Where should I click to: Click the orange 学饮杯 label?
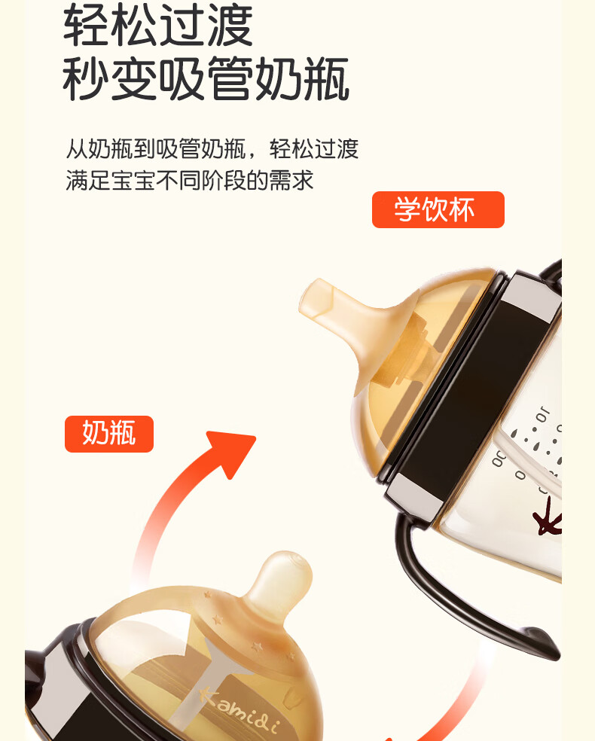point(438,209)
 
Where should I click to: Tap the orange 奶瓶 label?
point(109,434)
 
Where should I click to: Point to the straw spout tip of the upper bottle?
point(316,297)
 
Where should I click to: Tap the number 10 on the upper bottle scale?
point(542,415)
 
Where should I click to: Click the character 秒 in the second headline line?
point(86,78)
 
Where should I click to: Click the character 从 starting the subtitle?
point(77,149)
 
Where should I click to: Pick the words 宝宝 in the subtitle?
point(134,181)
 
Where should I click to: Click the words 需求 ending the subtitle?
point(291,181)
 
